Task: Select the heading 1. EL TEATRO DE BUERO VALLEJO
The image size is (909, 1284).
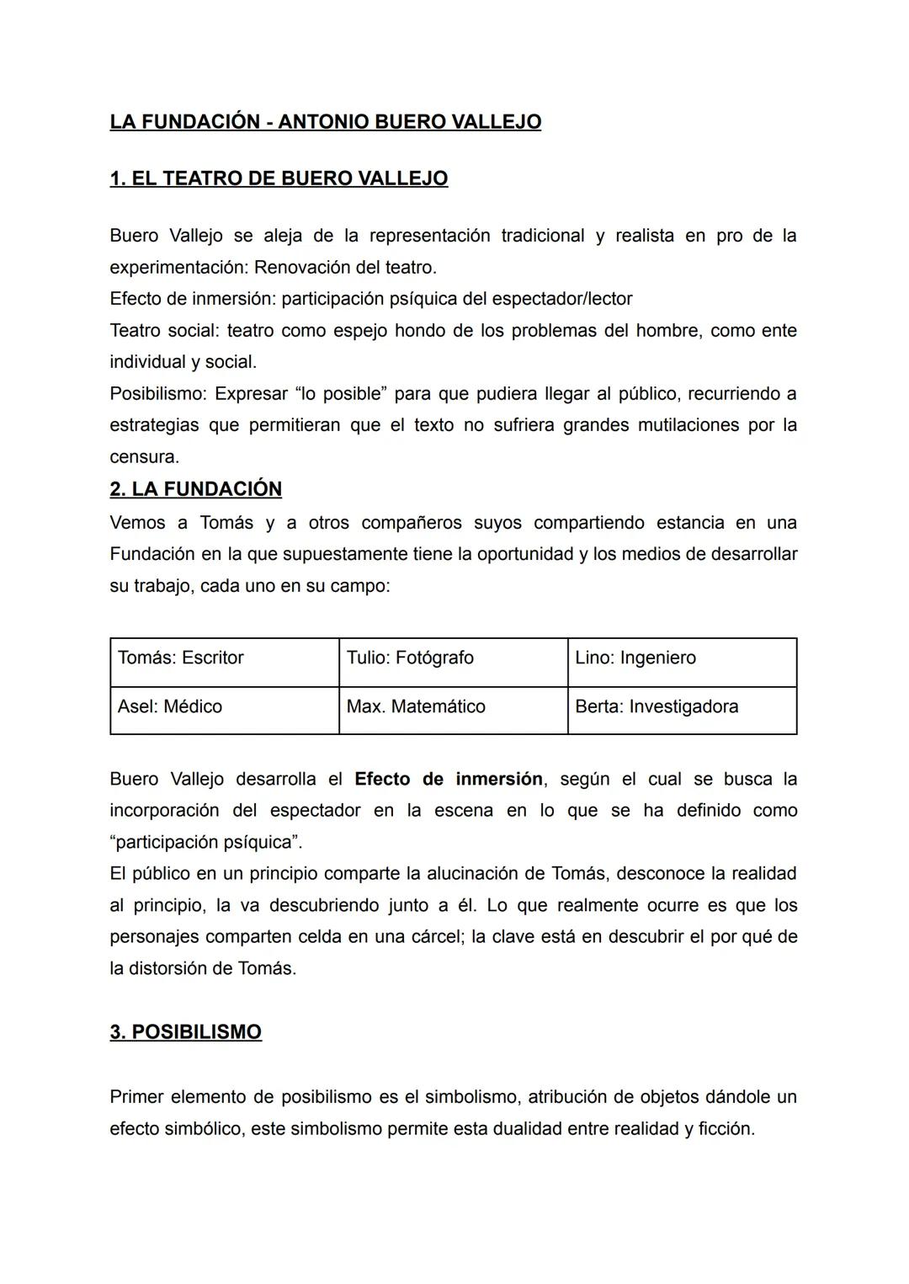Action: tap(279, 178)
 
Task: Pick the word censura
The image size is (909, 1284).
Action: tap(142, 457)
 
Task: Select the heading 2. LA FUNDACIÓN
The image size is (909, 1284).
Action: tap(195, 489)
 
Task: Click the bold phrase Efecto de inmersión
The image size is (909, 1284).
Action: tap(449, 779)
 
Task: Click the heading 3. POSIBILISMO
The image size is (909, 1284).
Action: tap(185, 1032)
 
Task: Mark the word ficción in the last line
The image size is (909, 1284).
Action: tap(726, 1129)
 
